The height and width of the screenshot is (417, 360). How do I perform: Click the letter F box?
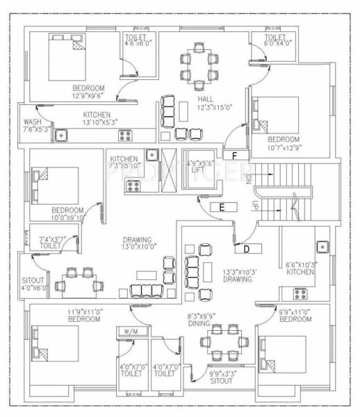pyautogui.click(x=235, y=154)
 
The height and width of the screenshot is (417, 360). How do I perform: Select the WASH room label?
pyautogui.click(x=32, y=125)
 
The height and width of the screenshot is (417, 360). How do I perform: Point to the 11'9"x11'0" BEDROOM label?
pyautogui.click(x=85, y=316)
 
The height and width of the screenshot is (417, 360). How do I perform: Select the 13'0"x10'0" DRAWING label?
pyautogui.click(x=137, y=243)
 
